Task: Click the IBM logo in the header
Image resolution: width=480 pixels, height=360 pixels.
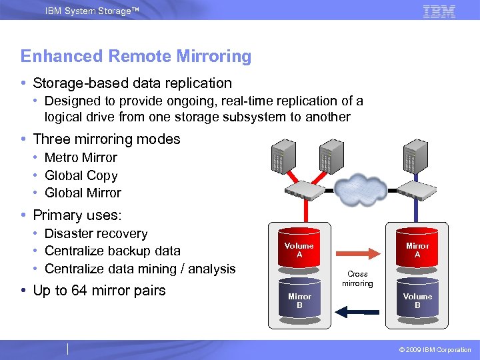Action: tap(439, 11)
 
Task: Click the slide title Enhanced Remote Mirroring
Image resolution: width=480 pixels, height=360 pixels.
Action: tap(136, 57)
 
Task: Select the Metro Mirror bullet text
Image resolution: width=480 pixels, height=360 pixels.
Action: tap(81, 158)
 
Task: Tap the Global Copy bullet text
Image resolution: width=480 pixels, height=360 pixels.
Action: tap(81, 176)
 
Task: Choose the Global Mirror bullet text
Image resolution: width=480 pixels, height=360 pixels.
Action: tap(83, 193)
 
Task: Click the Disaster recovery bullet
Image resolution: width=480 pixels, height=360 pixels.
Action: tap(96, 234)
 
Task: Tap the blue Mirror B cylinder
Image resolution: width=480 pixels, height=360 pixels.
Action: tap(299, 300)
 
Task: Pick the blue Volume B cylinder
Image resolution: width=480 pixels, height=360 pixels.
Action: tap(417, 300)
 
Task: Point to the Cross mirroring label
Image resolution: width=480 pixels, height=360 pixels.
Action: tap(358, 279)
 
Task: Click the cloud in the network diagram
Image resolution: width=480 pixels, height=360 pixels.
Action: tap(361, 189)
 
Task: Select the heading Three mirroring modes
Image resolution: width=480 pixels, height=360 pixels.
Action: tap(107, 139)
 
